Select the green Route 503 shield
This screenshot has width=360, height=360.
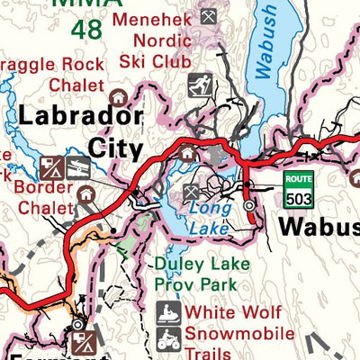(298, 188)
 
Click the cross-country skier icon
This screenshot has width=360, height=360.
(199, 85)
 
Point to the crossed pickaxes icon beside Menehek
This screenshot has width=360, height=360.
(209, 16)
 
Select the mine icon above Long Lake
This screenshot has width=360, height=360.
(192, 192)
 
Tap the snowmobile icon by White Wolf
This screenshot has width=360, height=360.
(168, 315)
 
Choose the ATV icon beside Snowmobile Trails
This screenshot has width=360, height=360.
(168, 341)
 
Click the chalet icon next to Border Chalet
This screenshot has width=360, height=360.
(85, 193)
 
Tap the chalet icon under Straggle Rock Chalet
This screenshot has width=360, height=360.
(116, 96)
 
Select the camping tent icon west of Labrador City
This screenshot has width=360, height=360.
(50, 166)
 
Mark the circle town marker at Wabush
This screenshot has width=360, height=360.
(249, 205)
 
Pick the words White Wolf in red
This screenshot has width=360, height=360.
(232, 313)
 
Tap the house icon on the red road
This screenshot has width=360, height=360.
(188, 154)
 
